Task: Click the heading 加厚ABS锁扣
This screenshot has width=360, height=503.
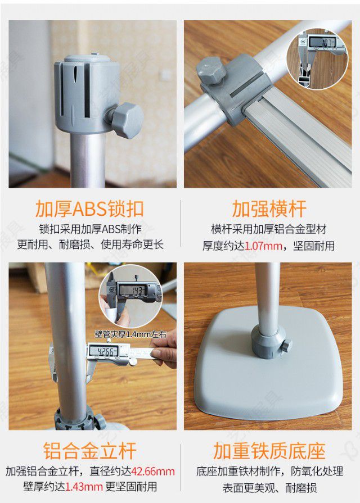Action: tap(89, 209)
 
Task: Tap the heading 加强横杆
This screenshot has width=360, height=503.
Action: tap(269, 209)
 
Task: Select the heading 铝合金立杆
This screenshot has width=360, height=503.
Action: tap(89, 451)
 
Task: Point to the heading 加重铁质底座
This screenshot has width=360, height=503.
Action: tap(269, 451)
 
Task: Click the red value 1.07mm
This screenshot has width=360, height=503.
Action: tap(264, 246)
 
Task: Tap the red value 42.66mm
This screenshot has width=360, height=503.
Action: tap(153, 472)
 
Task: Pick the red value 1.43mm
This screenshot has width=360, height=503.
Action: tap(84, 487)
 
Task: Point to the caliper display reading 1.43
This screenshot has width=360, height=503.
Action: tap(134, 291)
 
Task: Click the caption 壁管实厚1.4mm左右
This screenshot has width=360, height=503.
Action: tap(130, 334)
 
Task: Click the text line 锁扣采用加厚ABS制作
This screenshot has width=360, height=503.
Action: tap(90, 229)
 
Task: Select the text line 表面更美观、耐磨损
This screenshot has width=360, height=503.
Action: tap(269, 488)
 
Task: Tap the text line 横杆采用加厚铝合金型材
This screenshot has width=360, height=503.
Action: tap(269, 229)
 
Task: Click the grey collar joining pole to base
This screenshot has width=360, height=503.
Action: tap(268, 342)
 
